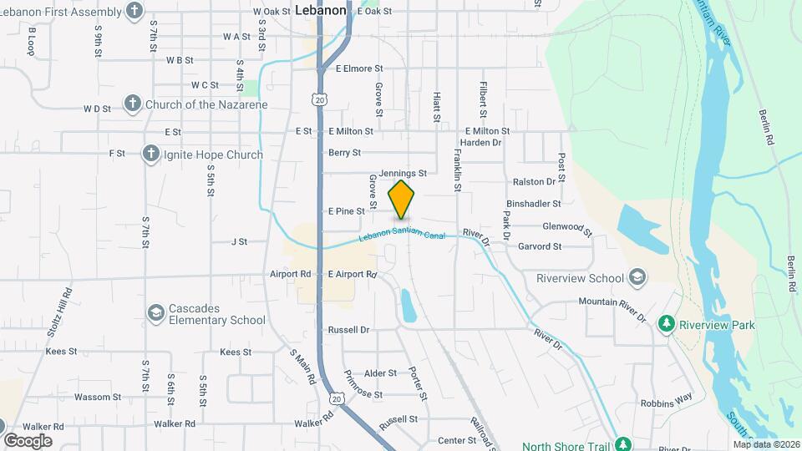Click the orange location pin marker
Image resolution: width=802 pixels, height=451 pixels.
tap(402, 200)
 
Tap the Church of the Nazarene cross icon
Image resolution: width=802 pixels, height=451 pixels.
tap(132, 104)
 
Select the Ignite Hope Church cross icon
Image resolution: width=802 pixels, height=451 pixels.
tap(150, 154)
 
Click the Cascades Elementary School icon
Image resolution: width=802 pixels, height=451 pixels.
tap(155, 313)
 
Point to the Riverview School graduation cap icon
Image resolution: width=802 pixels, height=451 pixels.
tap(637, 277)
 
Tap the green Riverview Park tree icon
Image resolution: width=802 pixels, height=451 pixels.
tap(666, 324)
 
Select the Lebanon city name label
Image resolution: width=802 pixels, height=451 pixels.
tap(321, 10)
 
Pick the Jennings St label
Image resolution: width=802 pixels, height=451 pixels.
tap(403, 174)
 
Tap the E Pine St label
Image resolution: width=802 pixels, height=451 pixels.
tap(347, 211)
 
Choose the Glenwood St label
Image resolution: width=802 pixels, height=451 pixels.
tap(567, 226)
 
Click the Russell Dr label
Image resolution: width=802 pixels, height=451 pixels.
tap(348, 330)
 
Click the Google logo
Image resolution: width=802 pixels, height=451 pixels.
tap(28, 441)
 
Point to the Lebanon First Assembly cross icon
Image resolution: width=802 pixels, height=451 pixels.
tap(134, 11)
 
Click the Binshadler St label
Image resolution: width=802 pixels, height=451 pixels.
tap(533, 203)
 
